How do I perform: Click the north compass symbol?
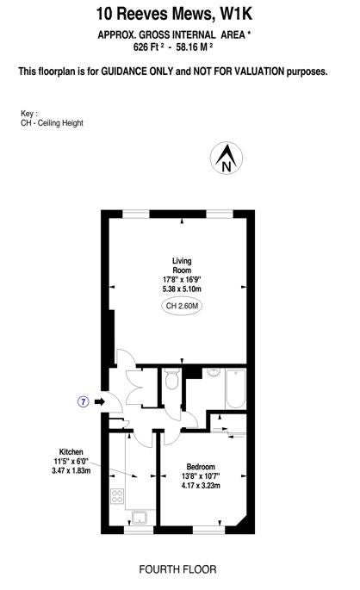[227, 158]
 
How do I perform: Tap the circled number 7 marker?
[84, 402]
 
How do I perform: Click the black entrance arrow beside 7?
[99, 402]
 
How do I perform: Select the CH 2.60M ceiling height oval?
[182, 306]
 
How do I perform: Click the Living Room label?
[182, 265]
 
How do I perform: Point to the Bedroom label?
[201, 467]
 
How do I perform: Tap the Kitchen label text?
[71, 452]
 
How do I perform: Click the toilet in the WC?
[172, 379]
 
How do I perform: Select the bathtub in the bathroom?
[235, 388]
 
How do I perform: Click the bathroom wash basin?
[214, 372]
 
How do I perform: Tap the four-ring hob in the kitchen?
[117, 495]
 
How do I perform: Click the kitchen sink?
[140, 517]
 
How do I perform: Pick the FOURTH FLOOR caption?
[177, 569]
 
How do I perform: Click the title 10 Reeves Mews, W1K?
[174, 14]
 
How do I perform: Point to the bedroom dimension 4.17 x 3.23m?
[201, 486]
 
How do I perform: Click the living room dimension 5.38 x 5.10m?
[182, 289]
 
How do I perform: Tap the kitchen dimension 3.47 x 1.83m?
[71, 470]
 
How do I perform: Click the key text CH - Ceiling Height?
[52, 123]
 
